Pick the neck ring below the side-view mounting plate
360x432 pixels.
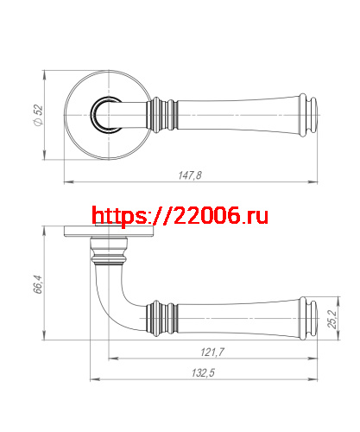109,257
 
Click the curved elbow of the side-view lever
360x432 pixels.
110,307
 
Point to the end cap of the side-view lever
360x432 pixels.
313,319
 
